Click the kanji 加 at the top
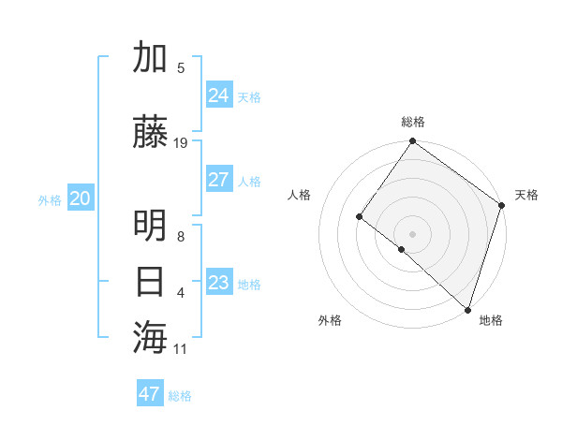tap(150, 58)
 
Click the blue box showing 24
tap(218, 95)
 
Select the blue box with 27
tap(218, 180)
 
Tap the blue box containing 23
tap(218, 283)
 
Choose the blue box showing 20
tap(80, 198)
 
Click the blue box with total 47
tap(149, 394)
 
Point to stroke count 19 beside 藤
tap(181, 142)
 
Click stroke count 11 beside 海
tap(181, 348)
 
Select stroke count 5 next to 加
tap(181, 67)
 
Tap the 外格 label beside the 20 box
tap(50, 199)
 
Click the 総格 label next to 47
tap(180, 396)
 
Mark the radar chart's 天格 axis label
tap(526, 195)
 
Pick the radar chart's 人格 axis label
tap(299, 195)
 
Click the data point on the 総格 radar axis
tap(412, 142)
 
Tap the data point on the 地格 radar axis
tap(467, 309)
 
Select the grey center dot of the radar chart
tap(412, 233)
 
